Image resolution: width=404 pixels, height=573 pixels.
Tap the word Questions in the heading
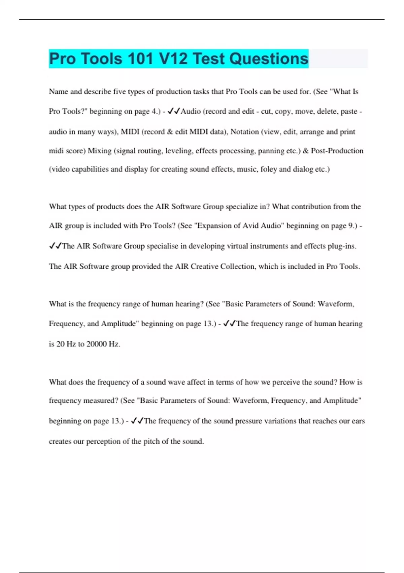269,59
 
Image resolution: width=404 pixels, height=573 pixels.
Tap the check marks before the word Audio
174,111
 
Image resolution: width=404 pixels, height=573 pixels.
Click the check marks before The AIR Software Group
55,246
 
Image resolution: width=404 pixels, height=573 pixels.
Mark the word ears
358,421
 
